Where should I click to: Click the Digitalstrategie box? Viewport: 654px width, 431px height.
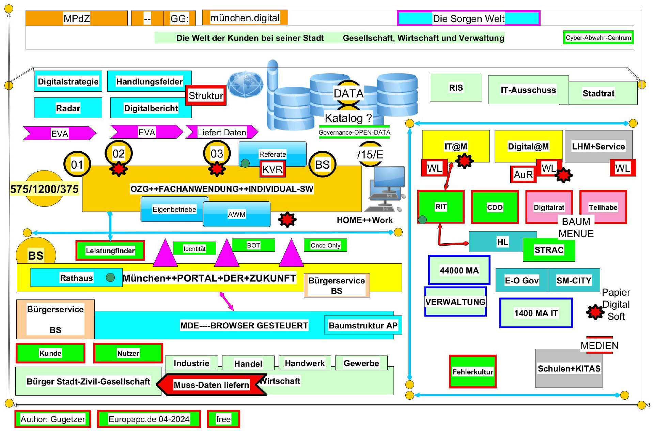(68, 81)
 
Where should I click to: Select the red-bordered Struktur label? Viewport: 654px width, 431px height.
(206, 95)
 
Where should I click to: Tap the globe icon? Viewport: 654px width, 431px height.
(245, 84)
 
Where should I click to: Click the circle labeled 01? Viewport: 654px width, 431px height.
(77, 165)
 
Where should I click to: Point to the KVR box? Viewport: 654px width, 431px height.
(272, 169)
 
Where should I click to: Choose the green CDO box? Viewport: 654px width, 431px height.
(495, 207)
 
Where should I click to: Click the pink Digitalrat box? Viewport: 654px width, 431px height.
(548, 207)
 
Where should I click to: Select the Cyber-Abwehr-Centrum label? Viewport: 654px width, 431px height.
(598, 37)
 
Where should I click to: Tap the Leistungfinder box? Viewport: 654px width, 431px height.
(110, 251)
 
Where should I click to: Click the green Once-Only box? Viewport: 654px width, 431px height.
(325, 245)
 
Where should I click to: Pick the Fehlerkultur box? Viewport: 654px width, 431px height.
(472, 372)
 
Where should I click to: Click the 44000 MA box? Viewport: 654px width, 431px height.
(459, 270)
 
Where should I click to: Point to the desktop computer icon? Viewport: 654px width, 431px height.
(386, 189)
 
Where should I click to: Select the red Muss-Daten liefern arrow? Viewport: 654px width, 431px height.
(211, 385)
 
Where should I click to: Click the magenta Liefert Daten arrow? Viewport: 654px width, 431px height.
(222, 132)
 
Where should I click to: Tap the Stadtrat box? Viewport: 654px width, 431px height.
(598, 93)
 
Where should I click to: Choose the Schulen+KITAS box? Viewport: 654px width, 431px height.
(569, 368)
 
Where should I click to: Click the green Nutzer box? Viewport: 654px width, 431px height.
(128, 353)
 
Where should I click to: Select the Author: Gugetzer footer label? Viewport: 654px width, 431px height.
(53, 419)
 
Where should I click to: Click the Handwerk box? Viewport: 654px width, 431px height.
(305, 363)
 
